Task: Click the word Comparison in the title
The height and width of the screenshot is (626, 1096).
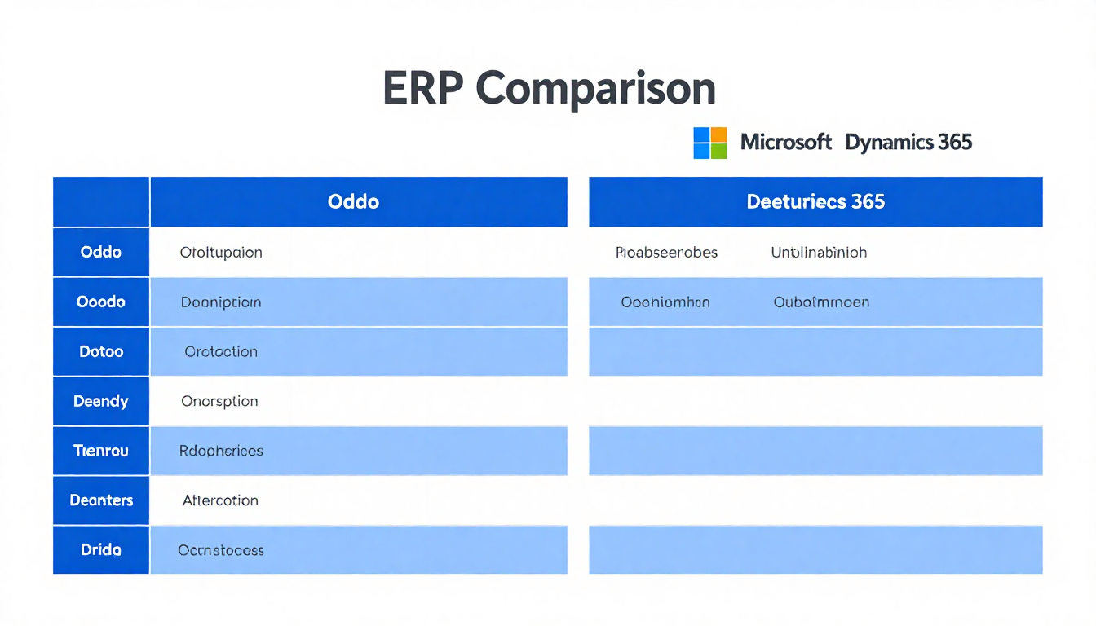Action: (597, 89)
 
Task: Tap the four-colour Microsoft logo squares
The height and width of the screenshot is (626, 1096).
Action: (709, 143)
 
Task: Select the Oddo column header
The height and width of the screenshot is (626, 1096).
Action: (353, 201)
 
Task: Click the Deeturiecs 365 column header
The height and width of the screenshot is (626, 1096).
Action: (815, 201)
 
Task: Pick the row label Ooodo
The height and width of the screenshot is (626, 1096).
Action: (101, 302)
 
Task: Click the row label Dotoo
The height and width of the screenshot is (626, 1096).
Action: (101, 351)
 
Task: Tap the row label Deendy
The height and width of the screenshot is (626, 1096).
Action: (101, 401)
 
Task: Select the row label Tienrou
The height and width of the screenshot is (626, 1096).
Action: (101, 450)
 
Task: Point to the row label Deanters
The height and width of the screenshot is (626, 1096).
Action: (101, 500)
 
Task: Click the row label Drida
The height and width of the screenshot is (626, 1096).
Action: (101, 549)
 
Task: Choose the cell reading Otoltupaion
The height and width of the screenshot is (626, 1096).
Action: (221, 253)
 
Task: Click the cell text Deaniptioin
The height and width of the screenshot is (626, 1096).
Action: (221, 302)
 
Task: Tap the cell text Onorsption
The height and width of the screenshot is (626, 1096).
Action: (220, 401)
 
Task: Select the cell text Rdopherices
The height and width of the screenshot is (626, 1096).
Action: (221, 450)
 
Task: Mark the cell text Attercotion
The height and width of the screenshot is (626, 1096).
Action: (220, 500)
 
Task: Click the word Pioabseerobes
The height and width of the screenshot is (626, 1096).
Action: (666, 253)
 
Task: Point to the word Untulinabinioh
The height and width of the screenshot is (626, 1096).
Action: (819, 253)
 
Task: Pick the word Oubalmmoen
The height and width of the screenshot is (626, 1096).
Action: (821, 302)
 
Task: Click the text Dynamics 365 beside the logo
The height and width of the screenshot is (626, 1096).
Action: (908, 143)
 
